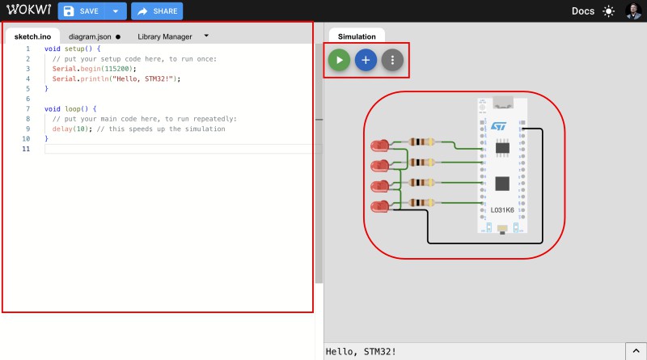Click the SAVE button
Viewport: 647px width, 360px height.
click(82, 11)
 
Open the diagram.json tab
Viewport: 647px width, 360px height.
click(90, 36)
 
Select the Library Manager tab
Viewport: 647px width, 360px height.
click(165, 36)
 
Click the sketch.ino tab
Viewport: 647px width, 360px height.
click(33, 36)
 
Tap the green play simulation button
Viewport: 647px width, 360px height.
click(340, 60)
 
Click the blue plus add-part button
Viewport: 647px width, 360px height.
click(366, 60)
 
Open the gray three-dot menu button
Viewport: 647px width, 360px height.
click(392, 60)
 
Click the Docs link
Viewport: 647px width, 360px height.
click(582, 11)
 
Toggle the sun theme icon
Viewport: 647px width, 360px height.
click(608, 11)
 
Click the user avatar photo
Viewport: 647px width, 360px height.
click(633, 11)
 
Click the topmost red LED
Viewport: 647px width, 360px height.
click(379, 146)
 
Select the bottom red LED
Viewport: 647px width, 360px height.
click(379, 206)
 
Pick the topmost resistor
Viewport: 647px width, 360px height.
click(421, 142)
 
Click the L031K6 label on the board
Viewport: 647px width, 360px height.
click(502, 210)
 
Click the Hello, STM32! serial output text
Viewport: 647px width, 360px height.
click(361, 351)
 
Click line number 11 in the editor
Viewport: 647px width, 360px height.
click(27, 150)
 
